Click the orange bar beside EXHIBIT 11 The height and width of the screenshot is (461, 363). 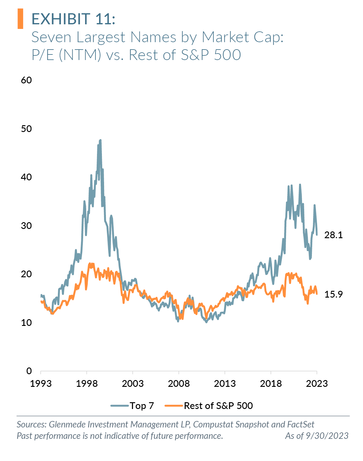20,19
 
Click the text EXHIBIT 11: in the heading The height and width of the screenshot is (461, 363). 73,19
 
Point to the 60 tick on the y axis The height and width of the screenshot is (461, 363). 26,80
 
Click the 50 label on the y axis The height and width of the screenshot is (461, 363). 26,129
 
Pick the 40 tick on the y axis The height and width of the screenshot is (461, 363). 26,177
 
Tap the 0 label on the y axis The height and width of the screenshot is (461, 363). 29,371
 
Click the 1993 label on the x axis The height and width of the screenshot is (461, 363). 41,383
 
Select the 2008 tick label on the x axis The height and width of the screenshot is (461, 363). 179,383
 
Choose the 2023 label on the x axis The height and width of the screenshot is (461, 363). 317,383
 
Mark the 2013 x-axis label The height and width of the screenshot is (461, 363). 225,383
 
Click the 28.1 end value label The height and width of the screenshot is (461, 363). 333,235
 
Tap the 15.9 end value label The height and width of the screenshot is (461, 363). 333,295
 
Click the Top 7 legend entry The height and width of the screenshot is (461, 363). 132,406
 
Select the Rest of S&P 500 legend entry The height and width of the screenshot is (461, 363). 209,406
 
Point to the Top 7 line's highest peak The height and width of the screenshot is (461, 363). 100,140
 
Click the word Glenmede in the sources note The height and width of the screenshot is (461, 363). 67,424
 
